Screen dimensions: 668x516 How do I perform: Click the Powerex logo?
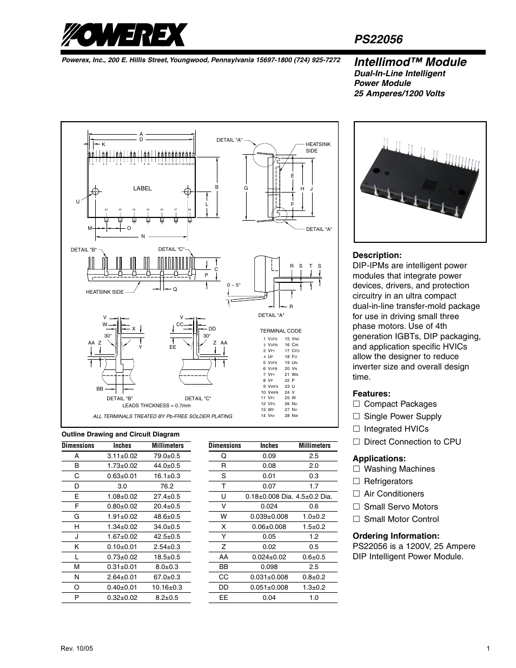point(123,36)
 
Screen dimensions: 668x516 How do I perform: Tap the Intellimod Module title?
point(409,62)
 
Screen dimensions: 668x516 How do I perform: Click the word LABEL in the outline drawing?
point(143,188)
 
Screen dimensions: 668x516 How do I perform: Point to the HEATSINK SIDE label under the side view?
point(104,292)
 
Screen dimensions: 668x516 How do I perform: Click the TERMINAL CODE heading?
point(281,331)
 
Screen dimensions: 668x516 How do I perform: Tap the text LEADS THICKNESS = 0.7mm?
point(156,405)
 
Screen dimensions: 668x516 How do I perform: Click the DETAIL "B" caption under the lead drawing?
point(120,398)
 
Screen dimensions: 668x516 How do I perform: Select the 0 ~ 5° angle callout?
point(234,285)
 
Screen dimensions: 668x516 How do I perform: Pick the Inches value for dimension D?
point(122,486)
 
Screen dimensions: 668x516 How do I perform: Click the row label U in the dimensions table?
point(223,497)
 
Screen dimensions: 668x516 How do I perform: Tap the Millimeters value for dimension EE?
point(314,598)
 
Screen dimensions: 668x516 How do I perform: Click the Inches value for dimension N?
point(122,578)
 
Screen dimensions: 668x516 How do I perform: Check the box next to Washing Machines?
point(356,469)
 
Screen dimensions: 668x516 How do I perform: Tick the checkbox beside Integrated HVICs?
point(356,429)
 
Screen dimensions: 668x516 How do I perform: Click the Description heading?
point(377,255)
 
